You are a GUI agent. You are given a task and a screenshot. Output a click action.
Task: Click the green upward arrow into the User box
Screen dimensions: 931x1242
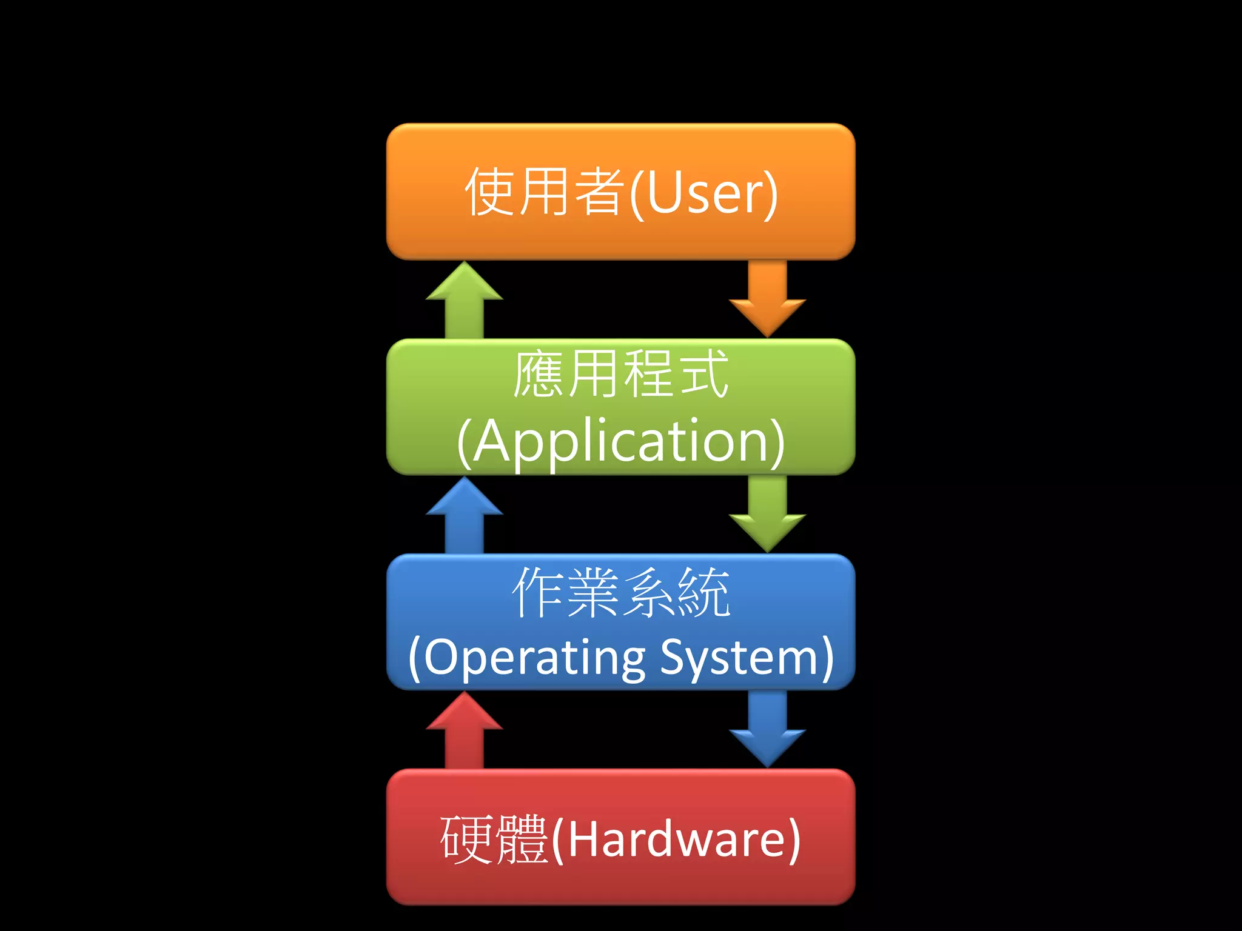464,299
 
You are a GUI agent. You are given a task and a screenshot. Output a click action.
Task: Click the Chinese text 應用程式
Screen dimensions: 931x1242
620,375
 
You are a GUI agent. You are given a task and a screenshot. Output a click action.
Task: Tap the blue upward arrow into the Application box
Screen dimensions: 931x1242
464,515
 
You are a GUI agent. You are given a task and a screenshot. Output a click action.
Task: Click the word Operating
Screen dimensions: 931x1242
534,658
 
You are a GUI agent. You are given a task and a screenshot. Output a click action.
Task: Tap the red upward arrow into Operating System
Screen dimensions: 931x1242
464,730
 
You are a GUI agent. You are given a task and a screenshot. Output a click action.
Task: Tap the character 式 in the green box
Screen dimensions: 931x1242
703,375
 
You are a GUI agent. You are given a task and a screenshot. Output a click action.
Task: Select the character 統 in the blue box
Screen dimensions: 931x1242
703,593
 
